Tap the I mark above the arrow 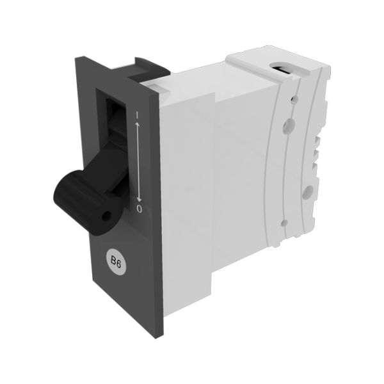tap(138, 115)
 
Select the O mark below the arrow tap(140, 209)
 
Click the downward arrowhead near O tap(139, 199)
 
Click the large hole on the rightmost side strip tap(308, 191)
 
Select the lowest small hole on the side tap(284, 223)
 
